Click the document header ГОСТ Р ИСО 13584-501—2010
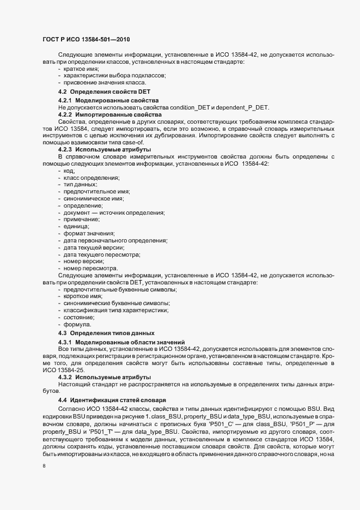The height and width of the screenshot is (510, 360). tap(86, 39)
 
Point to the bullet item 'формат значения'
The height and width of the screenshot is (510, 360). tap(85, 233)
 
